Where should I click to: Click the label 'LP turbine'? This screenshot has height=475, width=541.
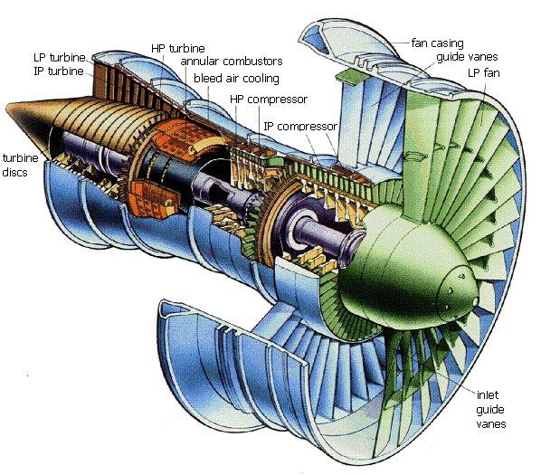60,57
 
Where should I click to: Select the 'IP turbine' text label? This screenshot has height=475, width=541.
59,71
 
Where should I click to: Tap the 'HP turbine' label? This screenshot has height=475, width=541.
177,48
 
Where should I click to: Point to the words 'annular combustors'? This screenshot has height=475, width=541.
232,61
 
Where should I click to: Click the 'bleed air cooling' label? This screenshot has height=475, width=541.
236,79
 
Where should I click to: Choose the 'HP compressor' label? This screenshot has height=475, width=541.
269,100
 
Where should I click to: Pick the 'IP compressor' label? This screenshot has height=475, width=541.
300,127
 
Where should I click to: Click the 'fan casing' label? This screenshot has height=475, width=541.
438,43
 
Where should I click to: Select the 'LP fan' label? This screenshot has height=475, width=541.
484,73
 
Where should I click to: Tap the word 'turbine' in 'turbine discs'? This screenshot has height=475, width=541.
20,158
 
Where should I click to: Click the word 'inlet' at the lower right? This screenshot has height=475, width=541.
488,394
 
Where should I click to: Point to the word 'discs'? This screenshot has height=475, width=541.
14,172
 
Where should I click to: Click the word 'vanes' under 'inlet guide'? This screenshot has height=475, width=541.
491,423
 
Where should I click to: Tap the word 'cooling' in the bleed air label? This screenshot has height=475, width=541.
262,79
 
